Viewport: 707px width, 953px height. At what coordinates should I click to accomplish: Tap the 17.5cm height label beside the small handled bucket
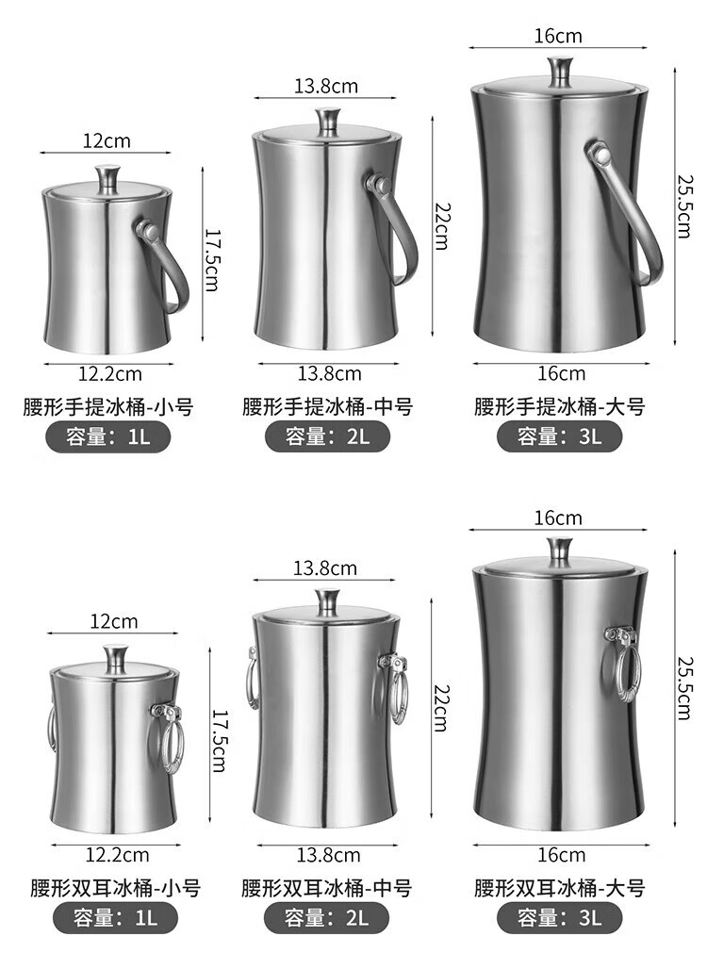coord(211,260)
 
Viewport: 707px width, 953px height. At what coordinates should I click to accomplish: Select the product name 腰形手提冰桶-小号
coord(108,406)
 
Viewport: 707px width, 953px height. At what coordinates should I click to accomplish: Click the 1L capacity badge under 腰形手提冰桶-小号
coord(108,436)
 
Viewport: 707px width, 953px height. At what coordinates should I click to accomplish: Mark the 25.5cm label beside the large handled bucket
coord(684,206)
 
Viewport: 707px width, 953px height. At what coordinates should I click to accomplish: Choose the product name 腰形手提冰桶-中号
coord(328,406)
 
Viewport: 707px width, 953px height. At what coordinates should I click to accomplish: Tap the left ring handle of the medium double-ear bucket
coord(251,679)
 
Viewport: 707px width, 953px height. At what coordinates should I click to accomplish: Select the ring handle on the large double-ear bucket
coord(620,666)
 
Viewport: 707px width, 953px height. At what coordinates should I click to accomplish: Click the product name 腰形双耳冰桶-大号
coord(559,888)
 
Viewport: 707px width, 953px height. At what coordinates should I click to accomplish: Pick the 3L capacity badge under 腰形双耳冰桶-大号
coord(559,918)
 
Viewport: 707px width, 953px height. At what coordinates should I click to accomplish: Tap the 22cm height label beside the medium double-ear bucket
coord(441,708)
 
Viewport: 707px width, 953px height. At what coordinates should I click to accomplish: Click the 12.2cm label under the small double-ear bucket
coord(117,855)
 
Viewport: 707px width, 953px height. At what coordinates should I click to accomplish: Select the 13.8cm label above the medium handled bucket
coord(326,87)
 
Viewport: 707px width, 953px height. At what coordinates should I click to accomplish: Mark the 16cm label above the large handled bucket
coord(558,36)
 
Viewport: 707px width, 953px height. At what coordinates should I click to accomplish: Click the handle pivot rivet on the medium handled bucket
coord(379,184)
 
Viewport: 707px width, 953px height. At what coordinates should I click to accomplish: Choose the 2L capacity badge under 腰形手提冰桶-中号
coord(327,436)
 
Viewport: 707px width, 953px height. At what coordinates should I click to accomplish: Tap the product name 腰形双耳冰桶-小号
coord(116,888)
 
